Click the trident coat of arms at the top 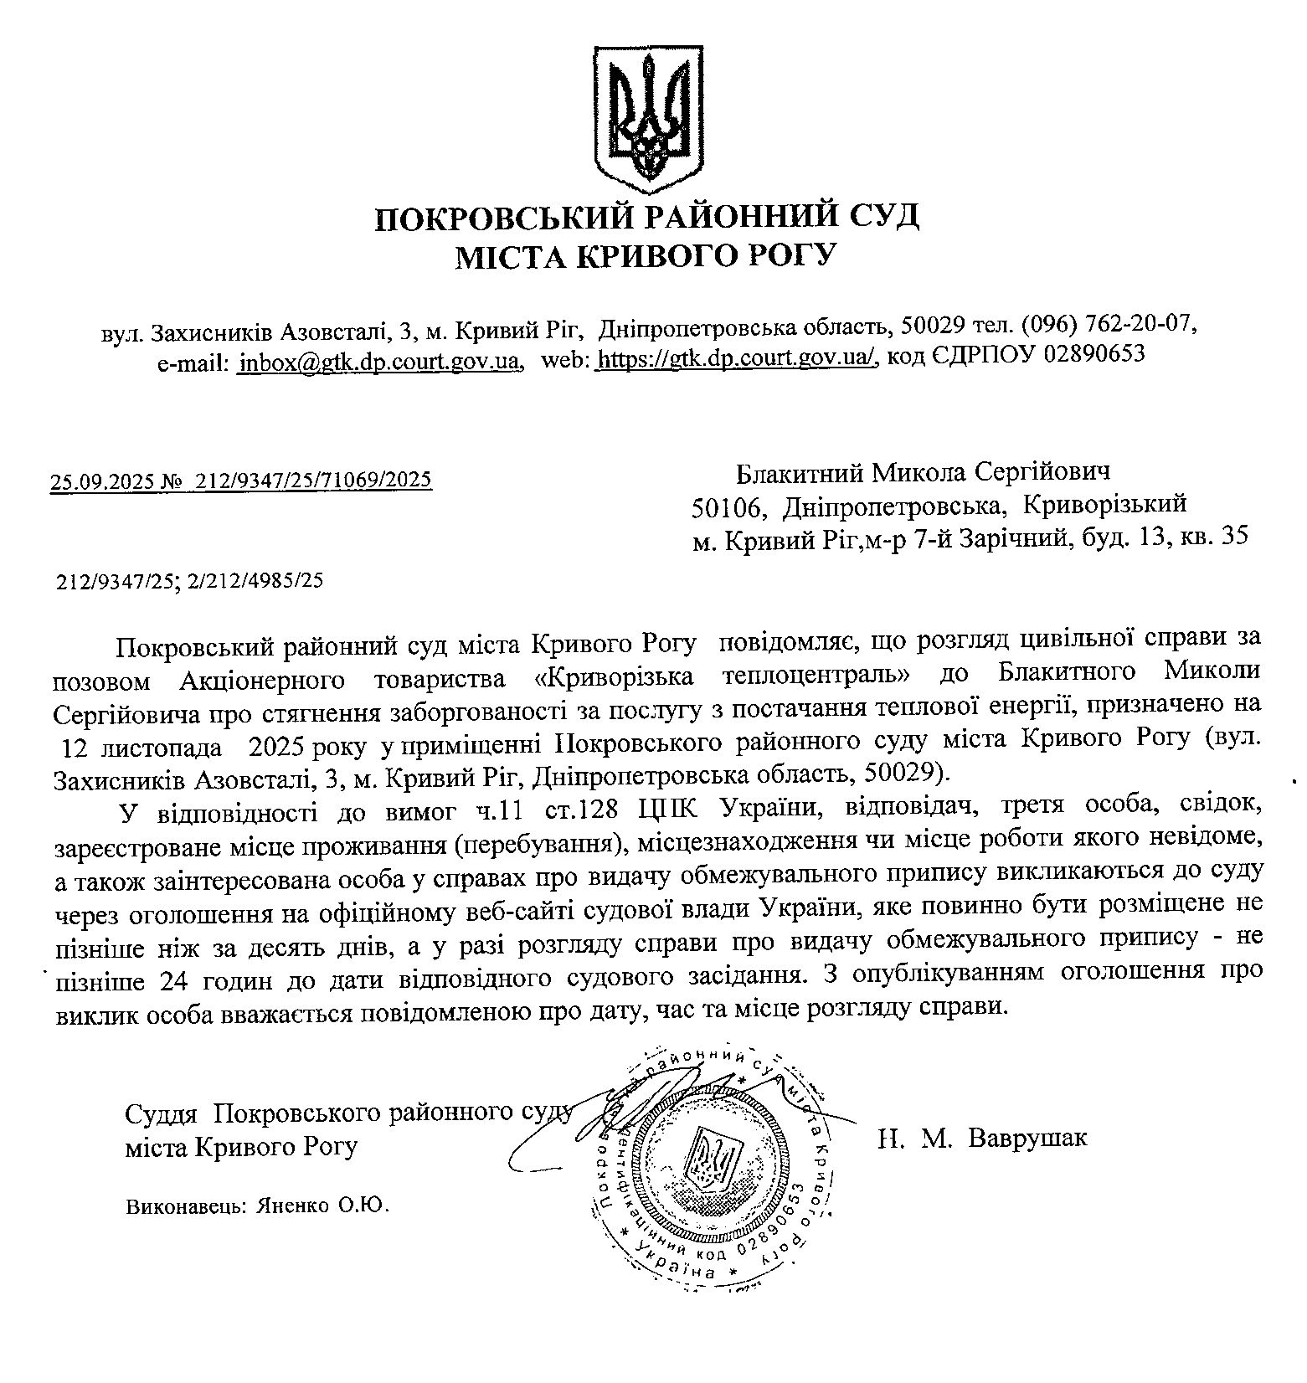648,115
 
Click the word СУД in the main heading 876,217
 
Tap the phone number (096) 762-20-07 1109,324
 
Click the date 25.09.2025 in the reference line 101,481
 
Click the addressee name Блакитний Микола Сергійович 923,473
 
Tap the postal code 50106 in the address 726,506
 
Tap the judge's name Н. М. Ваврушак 982,1139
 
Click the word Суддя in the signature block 161,1114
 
